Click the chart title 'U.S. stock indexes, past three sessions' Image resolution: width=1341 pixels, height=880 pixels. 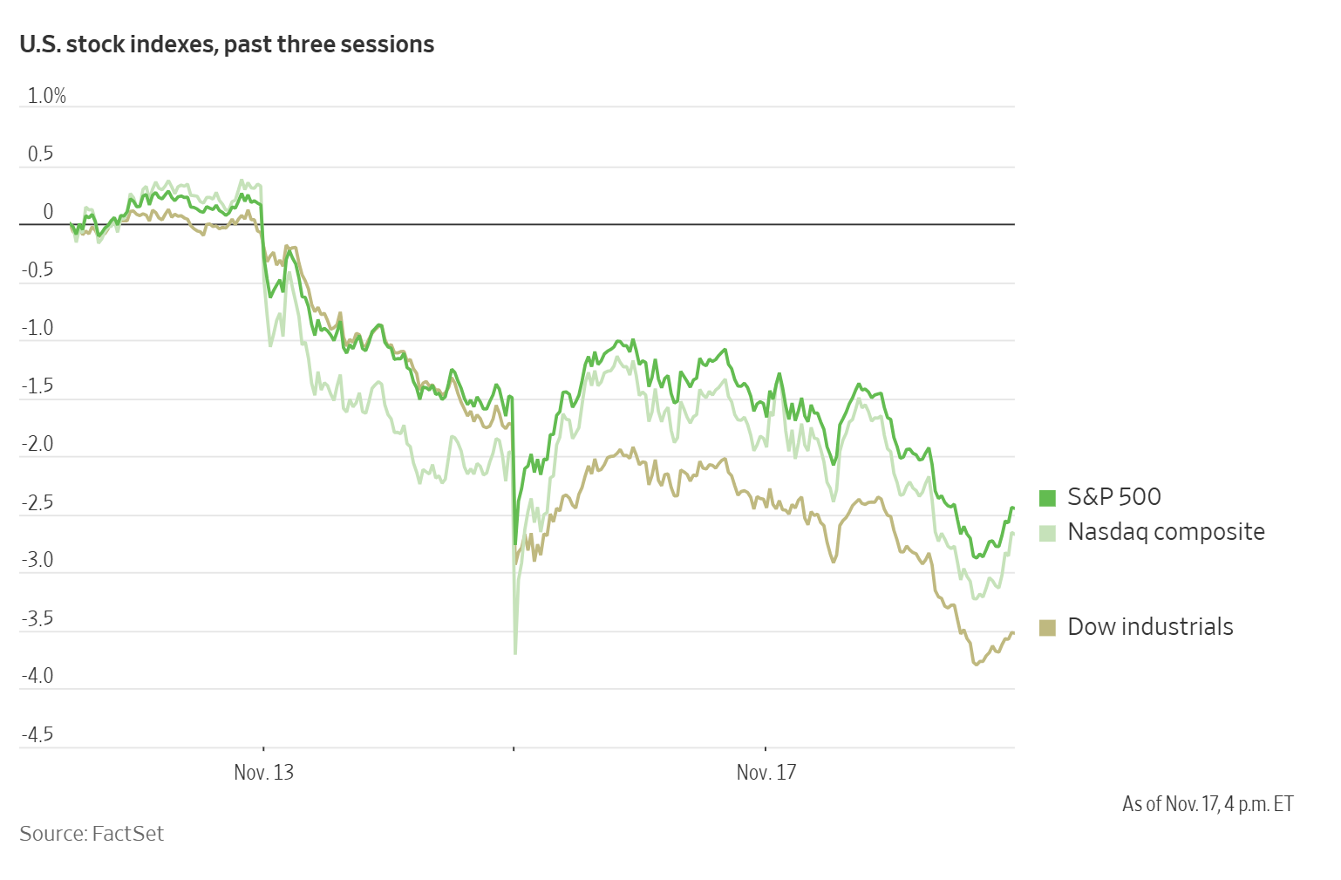point(227,44)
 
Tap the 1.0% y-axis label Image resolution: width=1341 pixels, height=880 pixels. point(47,96)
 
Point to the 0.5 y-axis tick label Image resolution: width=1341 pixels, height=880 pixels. point(40,154)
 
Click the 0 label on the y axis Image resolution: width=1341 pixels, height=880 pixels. point(48,212)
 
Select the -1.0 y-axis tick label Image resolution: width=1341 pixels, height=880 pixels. point(37,328)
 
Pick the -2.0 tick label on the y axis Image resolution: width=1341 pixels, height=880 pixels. point(37,444)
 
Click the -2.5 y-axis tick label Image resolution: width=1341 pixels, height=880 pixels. point(37,502)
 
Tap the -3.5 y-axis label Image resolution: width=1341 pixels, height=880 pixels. point(37,618)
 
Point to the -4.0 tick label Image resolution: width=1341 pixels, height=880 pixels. point(37,676)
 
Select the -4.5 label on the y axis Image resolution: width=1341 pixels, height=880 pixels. point(37,734)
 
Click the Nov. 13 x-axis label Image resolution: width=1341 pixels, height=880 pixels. point(263,773)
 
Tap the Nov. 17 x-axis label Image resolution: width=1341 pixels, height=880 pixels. point(766,773)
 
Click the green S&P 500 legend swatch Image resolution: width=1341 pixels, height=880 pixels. point(1047,498)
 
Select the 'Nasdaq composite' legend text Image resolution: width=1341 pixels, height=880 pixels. point(1166,531)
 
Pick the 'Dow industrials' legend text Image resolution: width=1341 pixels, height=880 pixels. point(1150,626)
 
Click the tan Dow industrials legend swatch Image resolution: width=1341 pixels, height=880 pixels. point(1047,627)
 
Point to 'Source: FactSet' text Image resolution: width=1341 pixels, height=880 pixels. point(92,834)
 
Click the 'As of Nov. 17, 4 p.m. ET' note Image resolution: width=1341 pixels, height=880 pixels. point(1208,803)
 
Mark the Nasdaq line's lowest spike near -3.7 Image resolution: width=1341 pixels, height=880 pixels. point(515,652)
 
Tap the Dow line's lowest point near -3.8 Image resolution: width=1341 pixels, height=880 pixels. point(976,665)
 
